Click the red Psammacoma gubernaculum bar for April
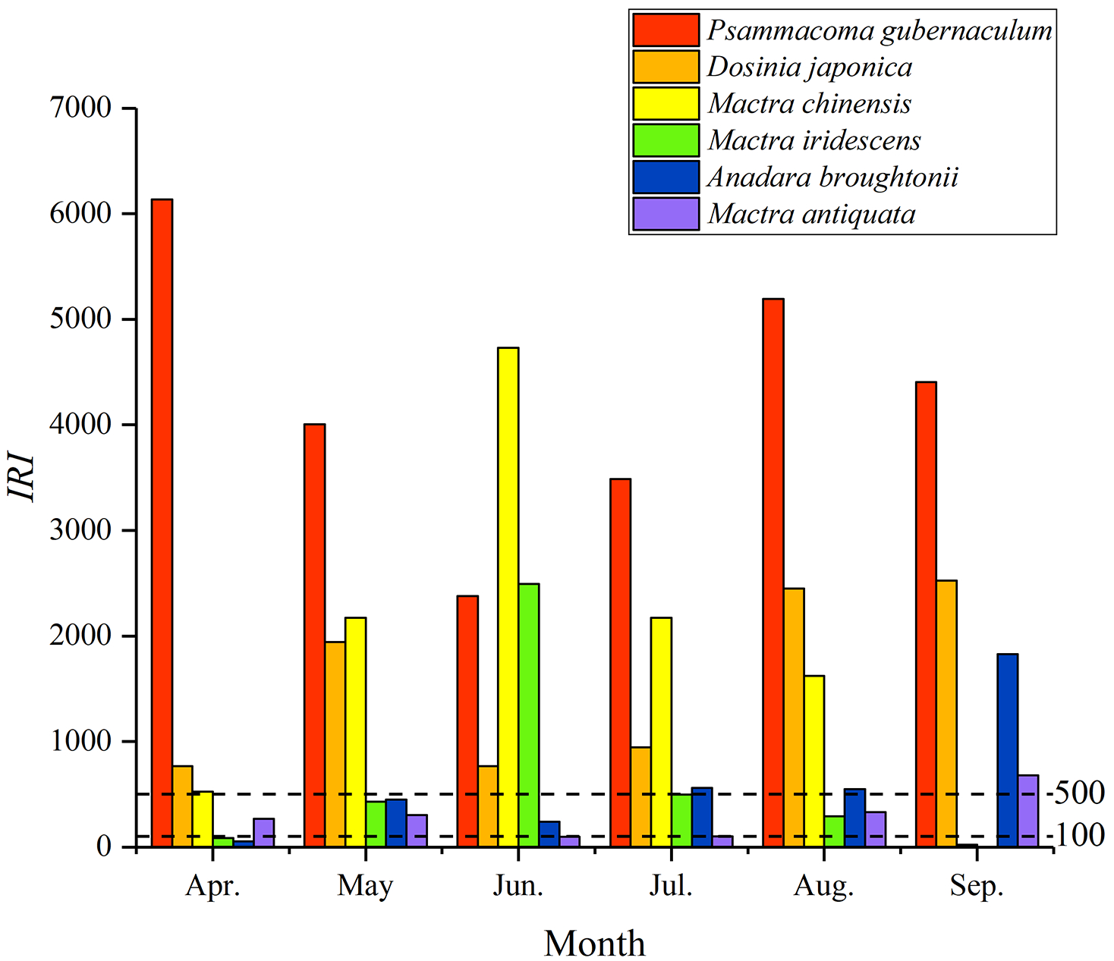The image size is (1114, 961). [162, 523]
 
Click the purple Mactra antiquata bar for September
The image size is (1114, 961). [1027, 810]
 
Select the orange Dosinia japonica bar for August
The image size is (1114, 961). [794, 717]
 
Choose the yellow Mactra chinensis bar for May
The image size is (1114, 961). [355, 731]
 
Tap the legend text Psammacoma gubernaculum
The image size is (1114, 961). [880, 30]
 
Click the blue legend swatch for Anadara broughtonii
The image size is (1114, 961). [666, 177]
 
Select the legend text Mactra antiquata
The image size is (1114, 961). [811, 215]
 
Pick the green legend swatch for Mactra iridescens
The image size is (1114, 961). [666, 140]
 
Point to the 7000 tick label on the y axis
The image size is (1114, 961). [80, 108]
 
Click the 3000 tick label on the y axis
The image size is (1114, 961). [80, 530]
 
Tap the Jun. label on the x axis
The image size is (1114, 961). [518, 886]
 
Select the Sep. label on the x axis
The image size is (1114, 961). [977, 886]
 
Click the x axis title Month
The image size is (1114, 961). [594, 944]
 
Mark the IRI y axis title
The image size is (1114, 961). [22, 477]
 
